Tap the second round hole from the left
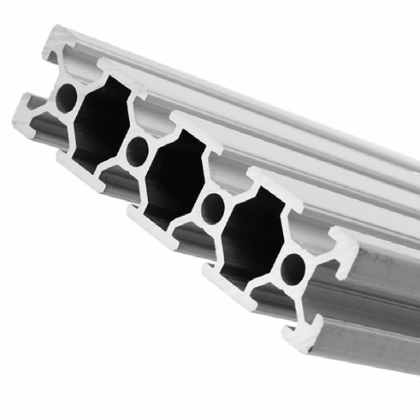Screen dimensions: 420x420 pyautogui.click(x=137, y=151)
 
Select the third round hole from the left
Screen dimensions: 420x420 pyautogui.click(x=213, y=206)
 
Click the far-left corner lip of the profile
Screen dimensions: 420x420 pyautogui.click(x=23, y=112)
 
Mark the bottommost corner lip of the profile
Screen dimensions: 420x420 pyautogui.click(x=298, y=337)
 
